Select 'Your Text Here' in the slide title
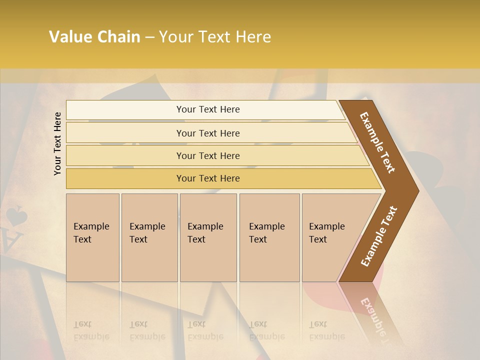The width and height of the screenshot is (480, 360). [215, 37]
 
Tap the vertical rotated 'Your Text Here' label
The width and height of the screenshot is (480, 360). [57, 143]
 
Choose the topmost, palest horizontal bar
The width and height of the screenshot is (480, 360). [207, 109]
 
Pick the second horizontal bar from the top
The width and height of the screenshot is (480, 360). [207, 133]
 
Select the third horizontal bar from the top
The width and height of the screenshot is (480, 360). [207, 155]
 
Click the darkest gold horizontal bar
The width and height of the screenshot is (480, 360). [207, 178]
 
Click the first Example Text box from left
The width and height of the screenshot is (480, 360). [92, 237]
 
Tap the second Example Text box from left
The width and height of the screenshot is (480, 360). [149, 237]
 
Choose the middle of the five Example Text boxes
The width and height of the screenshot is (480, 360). [208, 237]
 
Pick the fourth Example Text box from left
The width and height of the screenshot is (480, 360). [269, 237]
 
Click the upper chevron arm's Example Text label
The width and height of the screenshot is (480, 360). [377, 142]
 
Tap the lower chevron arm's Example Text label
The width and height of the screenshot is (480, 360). [378, 236]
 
